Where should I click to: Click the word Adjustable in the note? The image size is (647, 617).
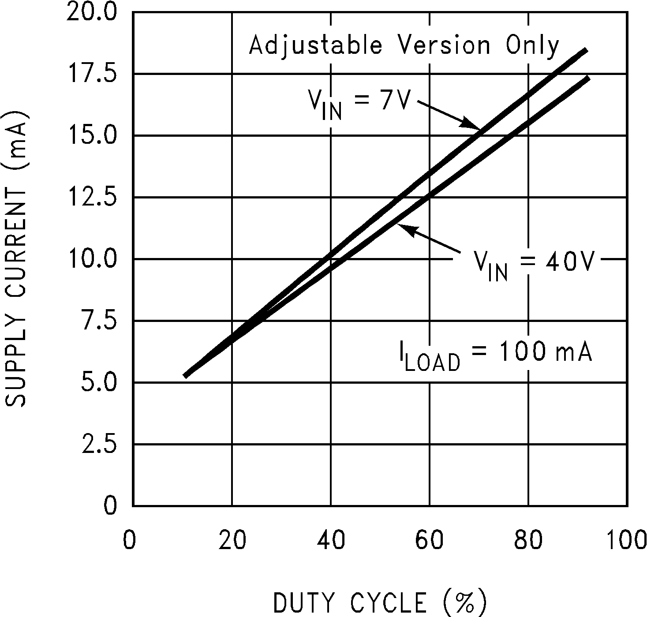point(315,46)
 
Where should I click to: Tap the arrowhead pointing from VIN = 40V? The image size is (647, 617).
point(404,228)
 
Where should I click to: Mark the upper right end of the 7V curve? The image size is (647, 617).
point(586,50)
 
